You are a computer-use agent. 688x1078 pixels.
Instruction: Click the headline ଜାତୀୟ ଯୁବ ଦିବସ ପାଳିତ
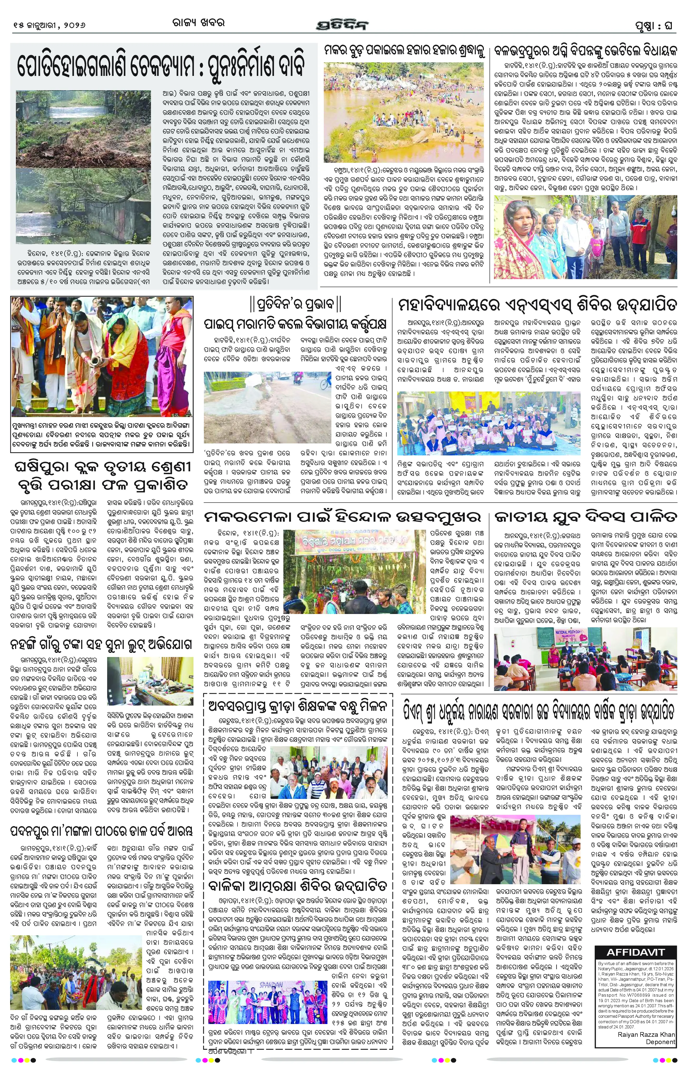[585, 517]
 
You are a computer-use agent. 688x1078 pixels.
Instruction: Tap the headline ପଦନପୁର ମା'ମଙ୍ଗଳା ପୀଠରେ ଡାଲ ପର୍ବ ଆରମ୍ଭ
[102, 831]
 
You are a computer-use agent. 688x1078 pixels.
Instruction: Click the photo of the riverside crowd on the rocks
[404, 112]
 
